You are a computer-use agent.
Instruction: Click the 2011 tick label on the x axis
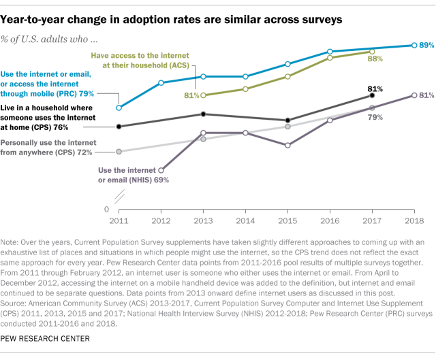pyautogui.click(x=119, y=220)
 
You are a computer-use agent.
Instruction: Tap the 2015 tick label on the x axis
pyautogui.click(x=287, y=220)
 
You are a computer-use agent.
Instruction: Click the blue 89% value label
pyautogui.click(x=426, y=45)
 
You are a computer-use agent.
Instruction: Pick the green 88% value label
pyautogui.click(x=375, y=60)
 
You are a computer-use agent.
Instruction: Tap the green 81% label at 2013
pyautogui.click(x=191, y=95)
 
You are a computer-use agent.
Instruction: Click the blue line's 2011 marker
pyautogui.click(x=119, y=108)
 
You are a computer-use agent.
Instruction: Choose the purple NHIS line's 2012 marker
pyautogui.click(x=161, y=170)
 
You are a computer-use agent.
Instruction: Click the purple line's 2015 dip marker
pyautogui.click(x=287, y=145)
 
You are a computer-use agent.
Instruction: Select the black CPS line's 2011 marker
pyautogui.click(x=119, y=126)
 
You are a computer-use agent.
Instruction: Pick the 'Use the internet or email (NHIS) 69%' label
pyautogui.click(x=134, y=175)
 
